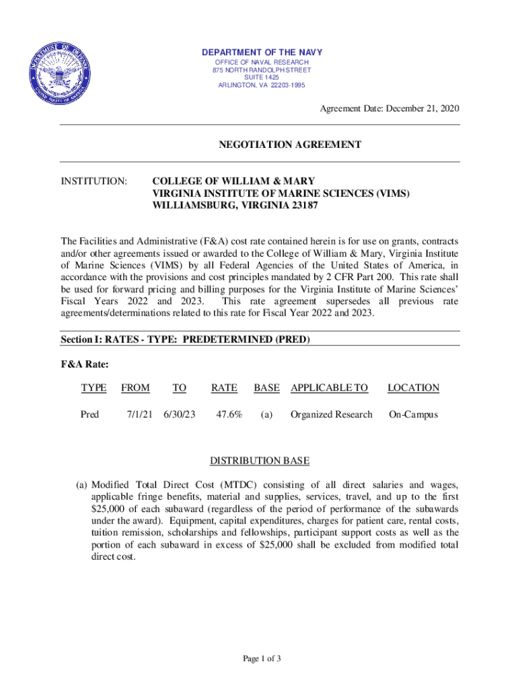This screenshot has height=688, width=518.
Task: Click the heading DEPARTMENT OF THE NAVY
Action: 262,52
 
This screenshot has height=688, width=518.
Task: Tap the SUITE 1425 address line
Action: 262,77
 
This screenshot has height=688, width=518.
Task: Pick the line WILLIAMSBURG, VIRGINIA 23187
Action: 235,207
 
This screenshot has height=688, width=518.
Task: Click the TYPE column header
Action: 94,388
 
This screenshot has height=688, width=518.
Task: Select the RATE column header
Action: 224,388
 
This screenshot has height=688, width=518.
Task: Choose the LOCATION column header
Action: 413,388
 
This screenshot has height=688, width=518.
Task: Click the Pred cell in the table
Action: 89,415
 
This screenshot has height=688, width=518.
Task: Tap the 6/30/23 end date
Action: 179,415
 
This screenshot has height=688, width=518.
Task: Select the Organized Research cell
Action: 331,415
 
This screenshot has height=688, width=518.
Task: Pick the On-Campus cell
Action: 413,415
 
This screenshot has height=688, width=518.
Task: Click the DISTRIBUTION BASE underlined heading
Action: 260,461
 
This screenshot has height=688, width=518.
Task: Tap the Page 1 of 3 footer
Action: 262,658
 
